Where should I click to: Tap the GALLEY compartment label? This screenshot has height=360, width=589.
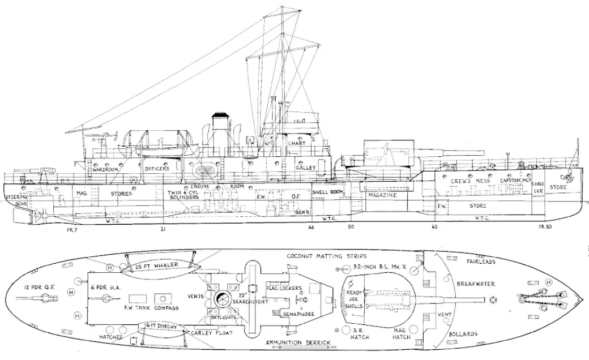pos(305,169)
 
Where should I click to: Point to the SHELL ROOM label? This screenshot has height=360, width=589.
pos(328,192)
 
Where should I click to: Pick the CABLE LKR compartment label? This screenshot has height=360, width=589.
pos(538,187)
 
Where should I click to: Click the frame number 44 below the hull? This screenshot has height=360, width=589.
pos(311,227)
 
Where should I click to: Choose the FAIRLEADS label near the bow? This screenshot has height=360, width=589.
pos(481,262)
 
